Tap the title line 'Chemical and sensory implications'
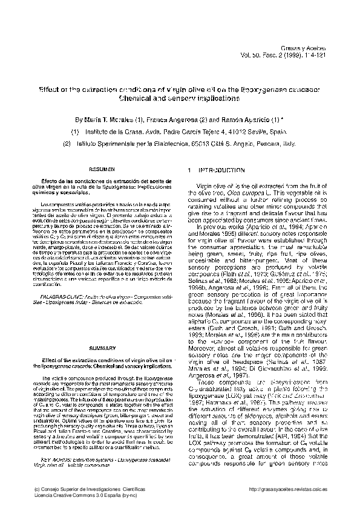(179, 97)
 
